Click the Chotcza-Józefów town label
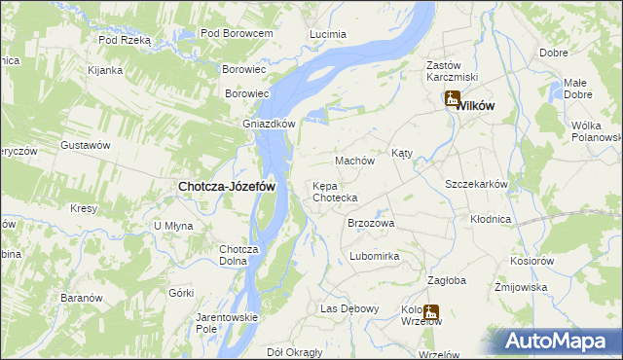pos(226,186)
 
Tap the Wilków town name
pos(477,104)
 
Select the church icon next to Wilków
pos(453,97)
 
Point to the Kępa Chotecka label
pos(334,192)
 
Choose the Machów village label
pos(354,160)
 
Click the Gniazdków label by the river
pos(269,124)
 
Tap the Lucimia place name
pos(327,34)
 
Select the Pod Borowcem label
pos(236,33)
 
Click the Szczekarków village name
pos(477,184)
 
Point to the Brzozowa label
pos(371,223)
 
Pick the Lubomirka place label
pos(375,256)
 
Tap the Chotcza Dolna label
pos(238,254)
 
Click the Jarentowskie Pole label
pos(226,323)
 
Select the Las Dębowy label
pos(349,308)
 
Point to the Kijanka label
pos(104,70)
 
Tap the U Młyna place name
pos(173,226)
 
